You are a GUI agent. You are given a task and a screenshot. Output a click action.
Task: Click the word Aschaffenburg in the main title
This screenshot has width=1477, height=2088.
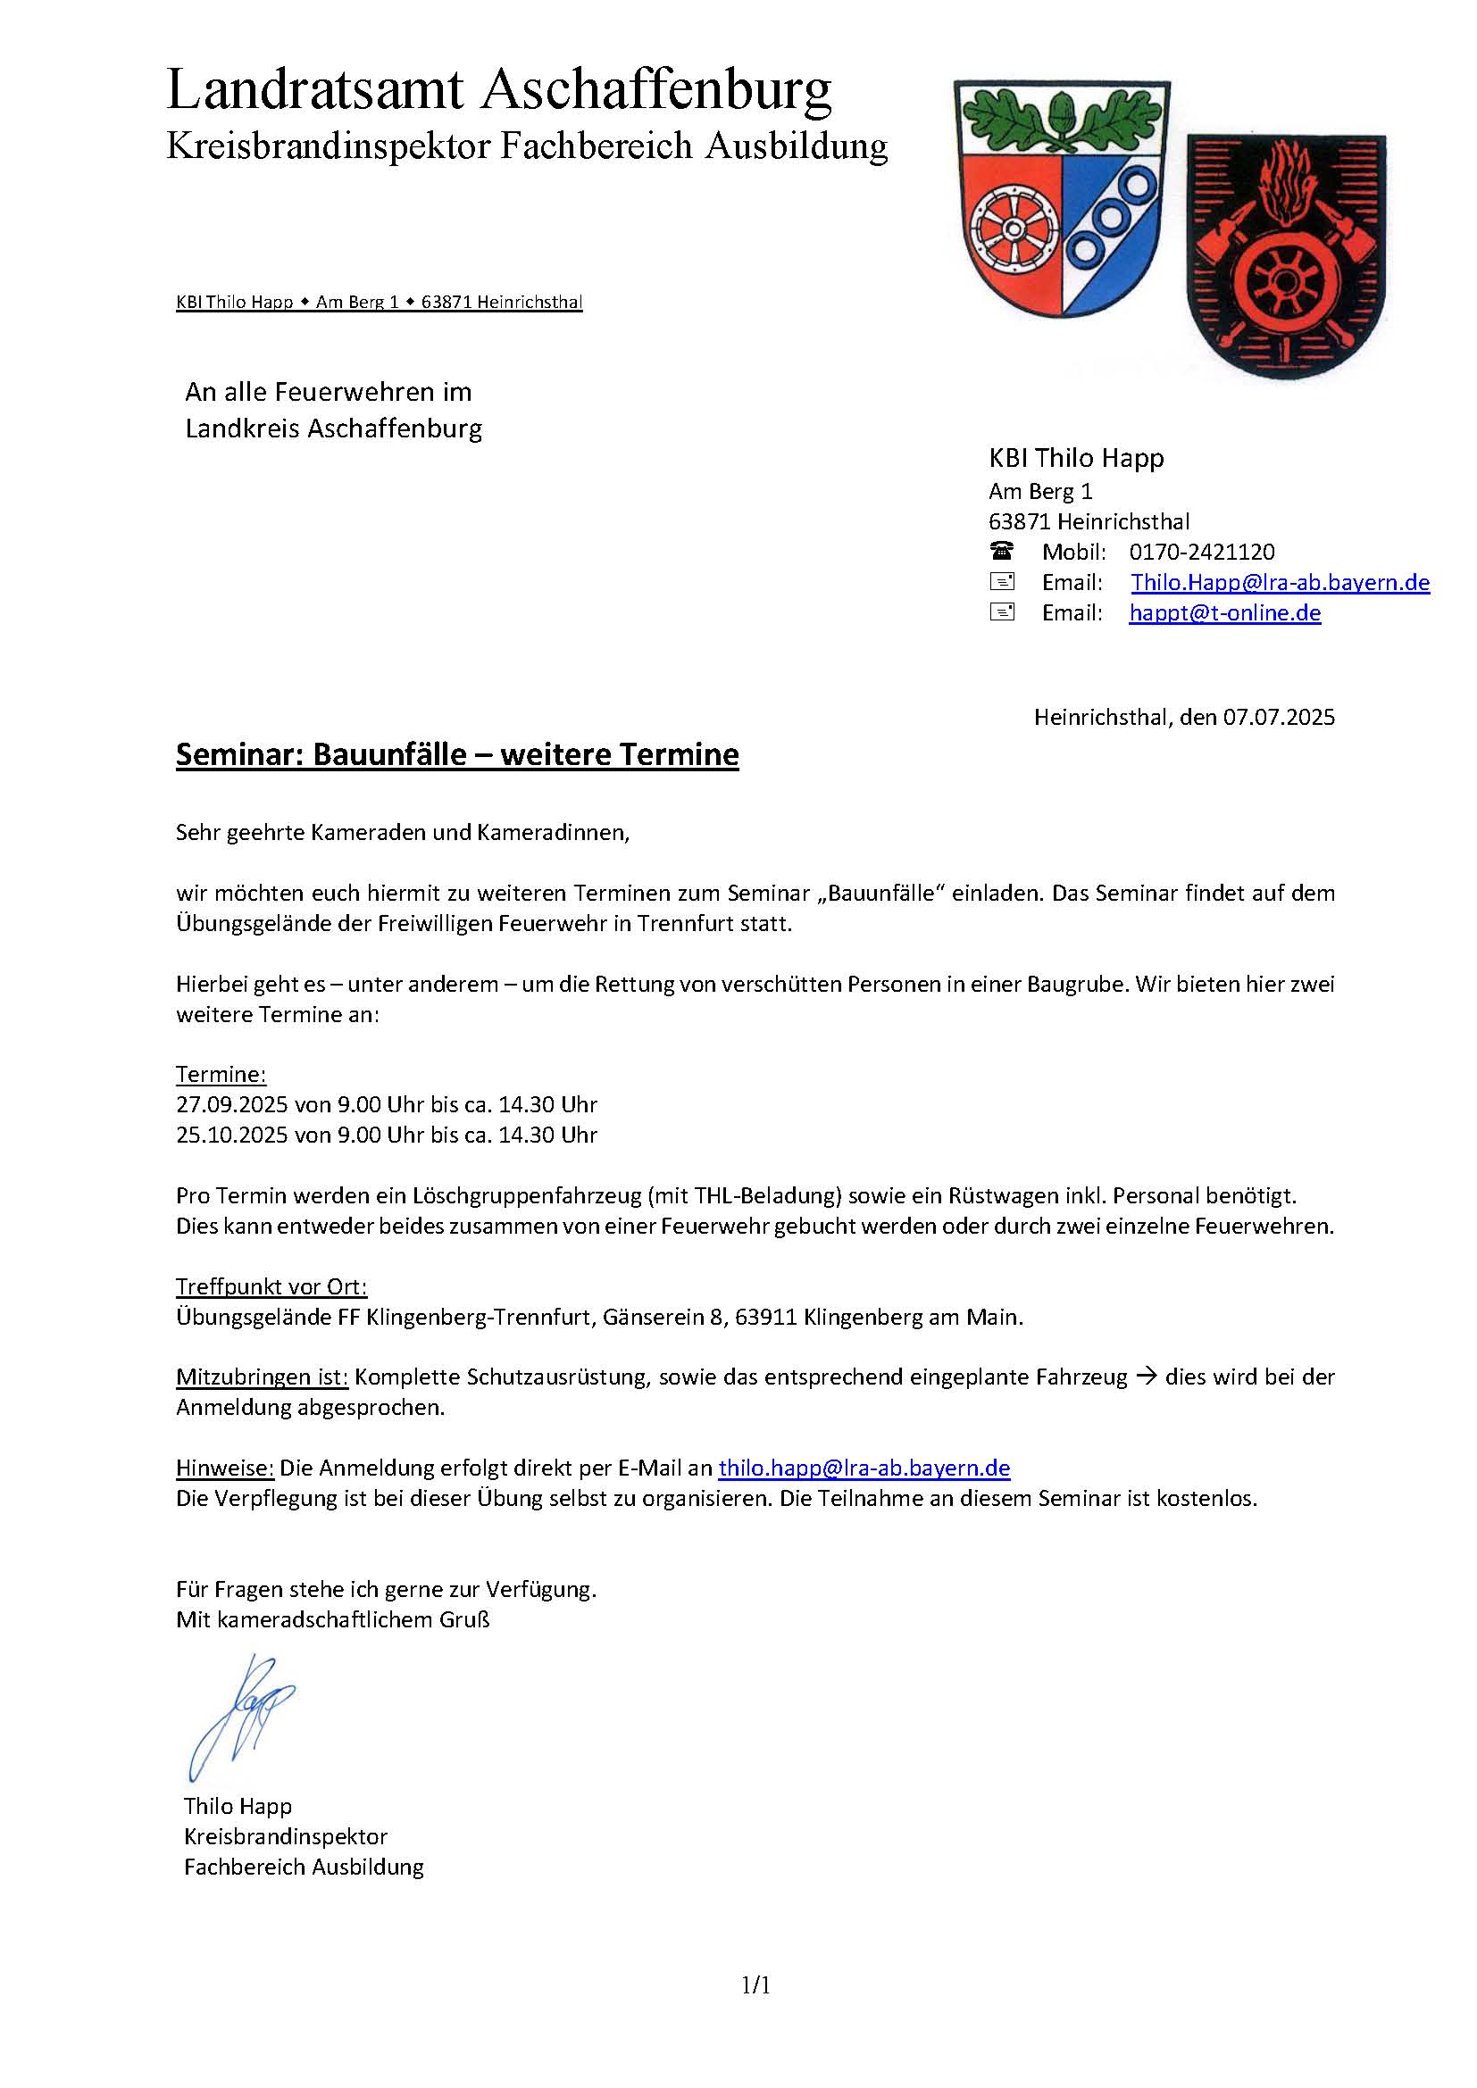click(655, 92)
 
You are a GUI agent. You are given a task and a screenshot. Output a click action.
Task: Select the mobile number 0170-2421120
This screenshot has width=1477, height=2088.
click(1201, 552)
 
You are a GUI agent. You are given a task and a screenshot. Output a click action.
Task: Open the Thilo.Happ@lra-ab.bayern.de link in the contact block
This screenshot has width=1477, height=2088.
click(1280, 582)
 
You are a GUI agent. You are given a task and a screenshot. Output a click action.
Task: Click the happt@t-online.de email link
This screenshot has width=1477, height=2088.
click(1224, 613)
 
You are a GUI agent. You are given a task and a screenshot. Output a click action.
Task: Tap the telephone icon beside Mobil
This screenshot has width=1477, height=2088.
click(1001, 551)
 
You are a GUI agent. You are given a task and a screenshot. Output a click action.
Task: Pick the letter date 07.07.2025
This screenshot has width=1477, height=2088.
click(1279, 717)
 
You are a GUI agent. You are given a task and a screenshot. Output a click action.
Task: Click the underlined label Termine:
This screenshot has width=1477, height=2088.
click(221, 1074)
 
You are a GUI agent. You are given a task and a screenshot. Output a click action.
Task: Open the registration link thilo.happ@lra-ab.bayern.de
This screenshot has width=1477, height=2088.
click(864, 1468)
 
